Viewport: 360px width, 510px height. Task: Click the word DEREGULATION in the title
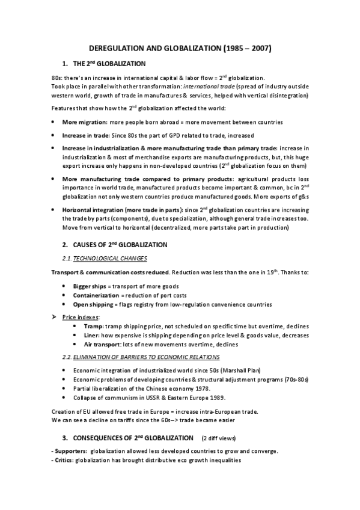(117, 47)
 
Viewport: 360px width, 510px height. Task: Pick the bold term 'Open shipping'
(90, 305)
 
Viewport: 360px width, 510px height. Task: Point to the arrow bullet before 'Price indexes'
(54, 316)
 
